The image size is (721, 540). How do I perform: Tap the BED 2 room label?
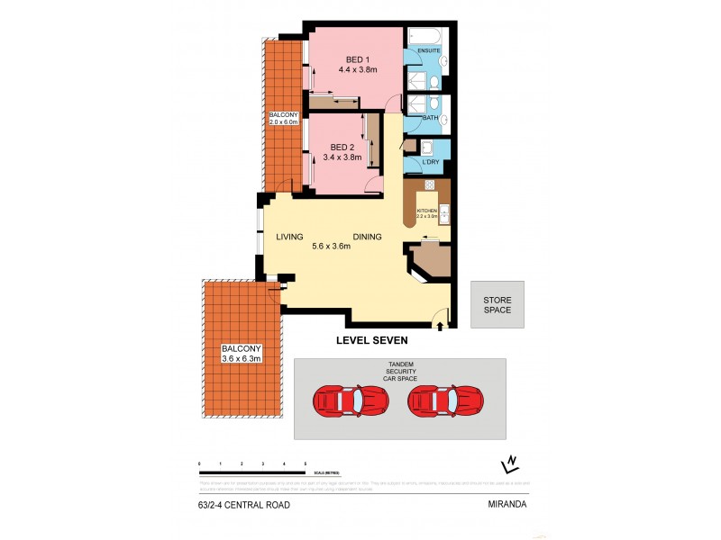(x=342, y=147)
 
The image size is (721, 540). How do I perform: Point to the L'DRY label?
(x=430, y=161)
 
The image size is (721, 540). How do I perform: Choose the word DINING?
(x=367, y=237)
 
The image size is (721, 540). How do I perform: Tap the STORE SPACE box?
(x=497, y=304)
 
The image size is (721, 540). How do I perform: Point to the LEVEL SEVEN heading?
(x=372, y=340)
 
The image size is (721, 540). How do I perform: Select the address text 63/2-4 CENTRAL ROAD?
(x=244, y=505)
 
